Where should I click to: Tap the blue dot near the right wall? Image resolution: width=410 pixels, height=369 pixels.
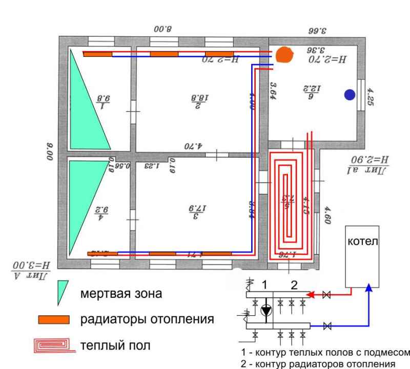pyautogui.click(x=350, y=94)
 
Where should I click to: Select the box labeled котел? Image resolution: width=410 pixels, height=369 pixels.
pyautogui.click(x=362, y=255)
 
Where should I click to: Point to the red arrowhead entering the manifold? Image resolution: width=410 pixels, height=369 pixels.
pyautogui.click(x=311, y=295)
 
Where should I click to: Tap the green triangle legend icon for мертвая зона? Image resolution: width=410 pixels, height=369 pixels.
pyautogui.click(x=63, y=293)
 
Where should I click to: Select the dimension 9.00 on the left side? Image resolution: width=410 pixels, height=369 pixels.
pyautogui.click(x=50, y=151)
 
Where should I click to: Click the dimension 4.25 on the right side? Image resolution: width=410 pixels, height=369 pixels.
pyautogui.click(x=371, y=97)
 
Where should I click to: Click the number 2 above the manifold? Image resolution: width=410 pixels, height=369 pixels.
pyautogui.click(x=294, y=286)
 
